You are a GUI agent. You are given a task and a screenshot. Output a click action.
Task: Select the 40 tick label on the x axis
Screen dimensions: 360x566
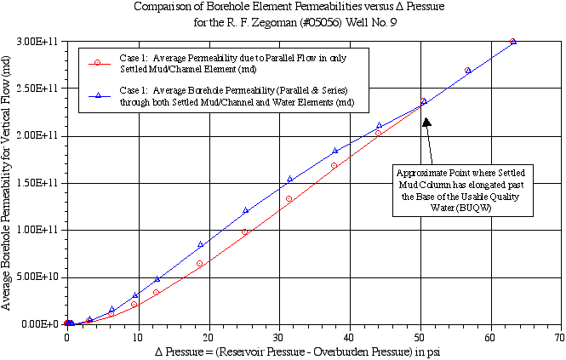[349, 337]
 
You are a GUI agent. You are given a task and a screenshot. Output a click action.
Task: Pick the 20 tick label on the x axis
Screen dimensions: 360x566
[208, 337]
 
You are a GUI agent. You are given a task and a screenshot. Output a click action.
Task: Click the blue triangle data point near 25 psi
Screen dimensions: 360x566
[246, 210]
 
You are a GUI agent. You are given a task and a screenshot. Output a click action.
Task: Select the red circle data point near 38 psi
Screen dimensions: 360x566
[334, 165]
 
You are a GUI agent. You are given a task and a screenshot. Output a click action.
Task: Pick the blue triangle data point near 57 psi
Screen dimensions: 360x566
[468, 70]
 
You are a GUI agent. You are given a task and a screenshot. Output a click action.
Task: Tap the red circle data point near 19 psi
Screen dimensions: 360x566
[200, 264]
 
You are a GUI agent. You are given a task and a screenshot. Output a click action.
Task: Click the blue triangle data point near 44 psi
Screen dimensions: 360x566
[379, 125]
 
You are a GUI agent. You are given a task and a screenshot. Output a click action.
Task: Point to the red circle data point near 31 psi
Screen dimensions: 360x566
[289, 199]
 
